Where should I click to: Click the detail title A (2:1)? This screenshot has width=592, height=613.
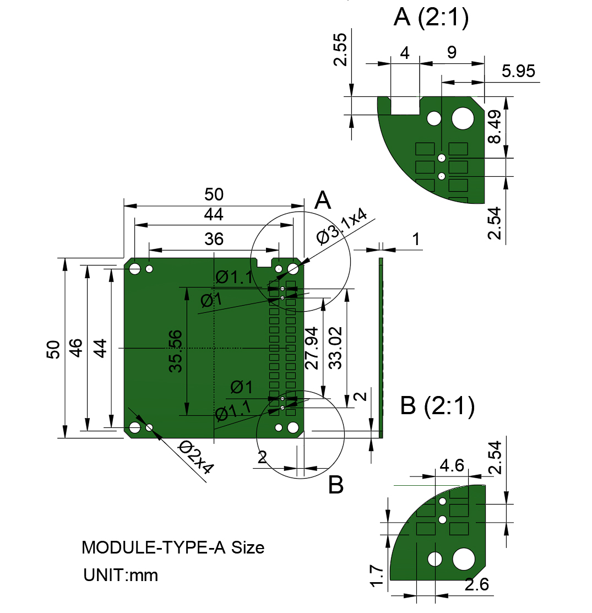point(432,18)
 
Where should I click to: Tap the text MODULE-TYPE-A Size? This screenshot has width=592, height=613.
point(173,547)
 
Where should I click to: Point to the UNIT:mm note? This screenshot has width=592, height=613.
point(121,575)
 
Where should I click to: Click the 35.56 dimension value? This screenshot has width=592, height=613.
point(176,351)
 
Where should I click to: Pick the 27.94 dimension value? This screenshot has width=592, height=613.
point(312,348)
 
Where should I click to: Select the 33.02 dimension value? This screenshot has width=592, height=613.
point(335,348)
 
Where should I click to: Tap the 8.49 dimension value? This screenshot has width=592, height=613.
point(495,127)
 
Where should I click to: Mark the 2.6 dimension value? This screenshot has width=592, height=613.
point(477,585)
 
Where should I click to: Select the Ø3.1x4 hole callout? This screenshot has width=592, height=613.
point(343,226)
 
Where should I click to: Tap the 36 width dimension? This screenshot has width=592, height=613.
point(214,239)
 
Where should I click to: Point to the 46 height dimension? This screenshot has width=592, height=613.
point(75,349)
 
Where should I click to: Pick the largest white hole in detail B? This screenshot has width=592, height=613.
point(464,559)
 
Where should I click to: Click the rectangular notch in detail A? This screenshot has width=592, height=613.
point(405,105)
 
